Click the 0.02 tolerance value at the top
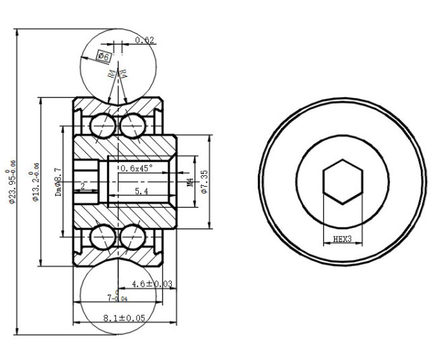(x=145, y=40)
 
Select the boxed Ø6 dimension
(x=104, y=57)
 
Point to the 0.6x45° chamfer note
(x=137, y=168)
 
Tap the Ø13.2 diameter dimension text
(x=36, y=182)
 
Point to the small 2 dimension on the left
(x=82, y=185)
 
